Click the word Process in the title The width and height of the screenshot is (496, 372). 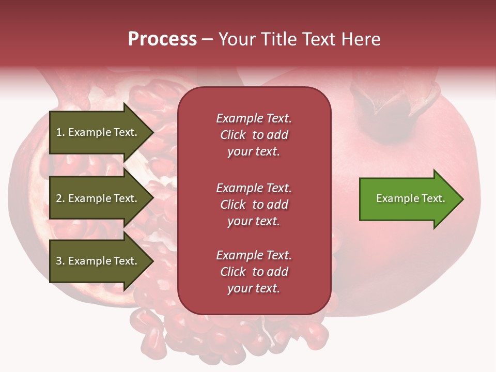tap(162, 39)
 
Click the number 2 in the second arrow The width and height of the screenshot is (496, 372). tap(59, 198)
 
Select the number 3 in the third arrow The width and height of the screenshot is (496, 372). tap(59, 261)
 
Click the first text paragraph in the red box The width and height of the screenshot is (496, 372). tap(254, 135)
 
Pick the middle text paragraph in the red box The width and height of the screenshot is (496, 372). tap(254, 204)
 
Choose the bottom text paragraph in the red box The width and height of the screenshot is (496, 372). tap(254, 272)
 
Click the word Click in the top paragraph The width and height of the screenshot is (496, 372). tap(233, 135)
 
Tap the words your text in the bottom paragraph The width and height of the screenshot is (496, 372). tap(254, 288)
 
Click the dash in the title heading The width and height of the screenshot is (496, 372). tap(208, 40)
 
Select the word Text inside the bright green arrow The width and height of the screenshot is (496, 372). tap(432, 198)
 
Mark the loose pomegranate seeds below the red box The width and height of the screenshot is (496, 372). tap(227, 336)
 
